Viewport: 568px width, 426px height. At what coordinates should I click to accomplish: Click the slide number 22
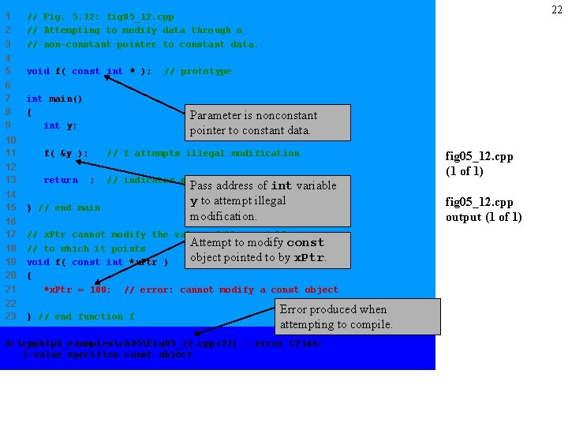(x=556, y=9)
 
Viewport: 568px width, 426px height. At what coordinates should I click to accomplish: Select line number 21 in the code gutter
(x=10, y=290)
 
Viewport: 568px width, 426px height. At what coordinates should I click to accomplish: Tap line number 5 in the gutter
(x=7, y=71)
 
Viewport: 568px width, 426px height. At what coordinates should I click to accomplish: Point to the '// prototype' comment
(x=198, y=71)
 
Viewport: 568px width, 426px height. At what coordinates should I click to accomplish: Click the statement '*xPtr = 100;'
(x=77, y=290)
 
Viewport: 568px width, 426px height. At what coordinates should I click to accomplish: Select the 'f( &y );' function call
(x=65, y=153)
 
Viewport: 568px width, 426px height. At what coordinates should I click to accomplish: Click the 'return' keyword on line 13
(x=61, y=180)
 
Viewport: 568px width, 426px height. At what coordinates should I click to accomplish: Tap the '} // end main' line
(x=63, y=207)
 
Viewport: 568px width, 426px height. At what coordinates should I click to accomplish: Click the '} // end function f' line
(x=80, y=316)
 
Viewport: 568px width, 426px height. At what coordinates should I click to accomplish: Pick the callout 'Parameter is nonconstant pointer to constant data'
(x=266, y=123)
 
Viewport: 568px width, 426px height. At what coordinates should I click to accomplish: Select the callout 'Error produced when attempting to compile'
(x=358, y=316)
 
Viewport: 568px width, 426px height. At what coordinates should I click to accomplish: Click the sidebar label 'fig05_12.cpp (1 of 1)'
(x=479, y=163)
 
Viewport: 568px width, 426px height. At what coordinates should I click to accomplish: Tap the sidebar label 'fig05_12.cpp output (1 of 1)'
(x=484, y=209)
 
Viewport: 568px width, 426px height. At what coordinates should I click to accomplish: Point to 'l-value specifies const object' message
(x=107, y=354)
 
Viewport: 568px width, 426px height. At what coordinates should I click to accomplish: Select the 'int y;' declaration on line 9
(x=60, y=125)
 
